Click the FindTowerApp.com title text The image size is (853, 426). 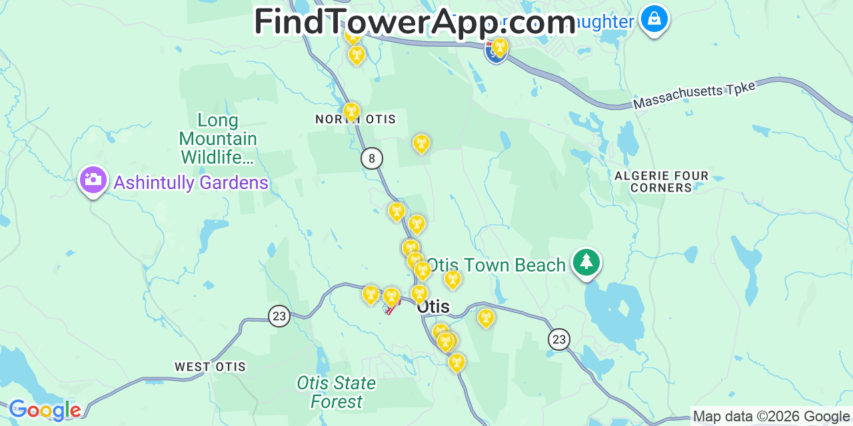[415, 22]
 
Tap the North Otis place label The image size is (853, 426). [355, 120]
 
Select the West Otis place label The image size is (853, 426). [210, 367]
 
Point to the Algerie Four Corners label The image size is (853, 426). [661, 182]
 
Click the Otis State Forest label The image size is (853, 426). [337, 392]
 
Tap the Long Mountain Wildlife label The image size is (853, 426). [218, 138]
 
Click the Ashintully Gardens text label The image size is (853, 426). [191, 183]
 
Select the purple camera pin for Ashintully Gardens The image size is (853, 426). [93, 180]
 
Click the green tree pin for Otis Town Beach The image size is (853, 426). [586, 262]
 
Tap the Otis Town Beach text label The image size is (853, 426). [496, 266]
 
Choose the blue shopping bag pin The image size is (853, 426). [654, 19]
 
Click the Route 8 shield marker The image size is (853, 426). [372, 158]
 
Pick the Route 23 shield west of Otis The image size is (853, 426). [279, 316]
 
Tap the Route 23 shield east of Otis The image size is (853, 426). [559, 339]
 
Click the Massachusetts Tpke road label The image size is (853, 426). [694, 96]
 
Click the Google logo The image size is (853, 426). [45, 410]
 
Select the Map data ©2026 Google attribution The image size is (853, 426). [771, 417]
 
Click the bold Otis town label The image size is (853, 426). [432, 307]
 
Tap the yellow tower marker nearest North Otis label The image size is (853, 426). [351, 110]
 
